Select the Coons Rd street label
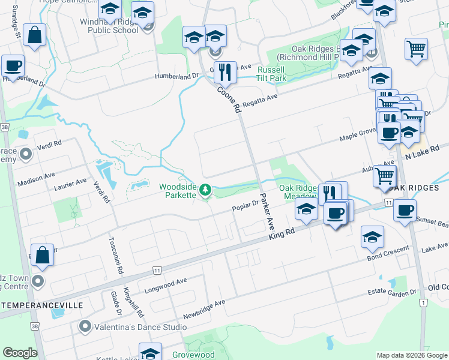coord(229,98)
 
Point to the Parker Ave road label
coord(266,211)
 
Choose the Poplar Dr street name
coord(246,206)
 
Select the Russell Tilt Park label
coord(271,74)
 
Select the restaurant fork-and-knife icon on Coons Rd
coord(225,71)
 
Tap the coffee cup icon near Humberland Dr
coord(13,65)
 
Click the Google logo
coord(20,353)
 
